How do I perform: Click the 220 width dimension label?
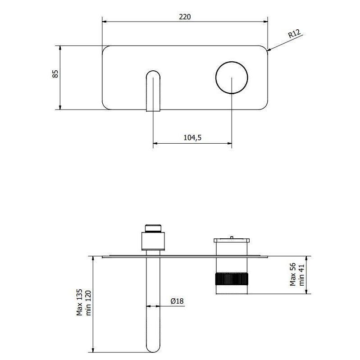[x=185, y=17]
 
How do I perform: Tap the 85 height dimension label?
[x=55, y=74]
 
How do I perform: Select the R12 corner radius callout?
[x=294, y=34]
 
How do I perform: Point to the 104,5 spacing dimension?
[x=192, y=137]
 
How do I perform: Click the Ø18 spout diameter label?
[x=177, y=301]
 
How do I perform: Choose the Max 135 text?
[x=79, y=302]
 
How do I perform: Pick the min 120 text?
[x=88, y=303]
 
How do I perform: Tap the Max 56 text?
[x=293, y=274]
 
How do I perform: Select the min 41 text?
[x=301, y=275]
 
